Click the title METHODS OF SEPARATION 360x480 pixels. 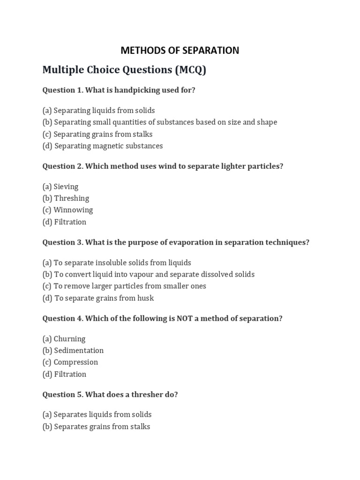(180, 51)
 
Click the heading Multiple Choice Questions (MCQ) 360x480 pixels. (124, 70)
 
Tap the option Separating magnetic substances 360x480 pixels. (103, 146)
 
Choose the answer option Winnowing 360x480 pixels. (68, 210)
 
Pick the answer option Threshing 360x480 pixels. (66, 198)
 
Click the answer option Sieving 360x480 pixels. (60, 187)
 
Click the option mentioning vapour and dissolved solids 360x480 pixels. (149, 274)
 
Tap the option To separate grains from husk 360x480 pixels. (98, 298)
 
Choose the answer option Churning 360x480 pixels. (64, 339)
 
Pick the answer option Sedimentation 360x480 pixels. (73, 351)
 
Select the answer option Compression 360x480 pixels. (70, 362)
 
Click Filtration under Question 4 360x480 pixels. (65, 374)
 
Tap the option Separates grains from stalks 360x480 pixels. (96, 427)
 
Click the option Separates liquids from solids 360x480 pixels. (97, 415)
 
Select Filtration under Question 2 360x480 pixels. (65, 222)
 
